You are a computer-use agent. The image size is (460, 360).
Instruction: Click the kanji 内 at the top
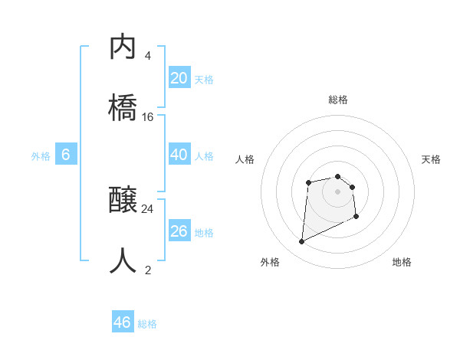pyautogui.click(x=123, y=47)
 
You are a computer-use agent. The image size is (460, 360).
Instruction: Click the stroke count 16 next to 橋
pyautogui.click(x=148, y=117)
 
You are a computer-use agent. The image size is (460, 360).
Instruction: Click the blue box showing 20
pyautogui.click(x=179, y=78)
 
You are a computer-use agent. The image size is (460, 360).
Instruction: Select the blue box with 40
pyautogui.click(x=179, y=155)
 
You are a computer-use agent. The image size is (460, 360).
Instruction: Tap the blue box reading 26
pyautogui.click(x=179, y=231)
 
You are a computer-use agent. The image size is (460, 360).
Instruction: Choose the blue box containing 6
pyautogui.click(x=66, y=155)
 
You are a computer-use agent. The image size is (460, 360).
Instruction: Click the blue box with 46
pyautogui.click(x=123, y=322)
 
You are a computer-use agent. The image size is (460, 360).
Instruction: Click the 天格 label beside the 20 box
pyautogui.click(x=203, y=80)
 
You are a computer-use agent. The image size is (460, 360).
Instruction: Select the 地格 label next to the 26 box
pyautogui.click(x=203, y=233)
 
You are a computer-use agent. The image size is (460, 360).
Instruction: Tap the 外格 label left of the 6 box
pyautogui.click(x=41, y=156)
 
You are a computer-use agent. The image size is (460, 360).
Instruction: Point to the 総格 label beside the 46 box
pyautogui.click(x=147, y=324)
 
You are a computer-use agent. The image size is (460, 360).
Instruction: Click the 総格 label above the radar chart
pyautogui.click(x=338, y=100)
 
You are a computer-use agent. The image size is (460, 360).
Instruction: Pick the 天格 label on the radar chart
pyautogui.click(x=432, y=159)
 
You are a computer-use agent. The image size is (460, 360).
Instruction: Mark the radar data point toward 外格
pyautogui.click(x=301, y=242)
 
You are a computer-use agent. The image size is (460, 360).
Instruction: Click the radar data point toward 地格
pyautogui.click(x=356, y=217)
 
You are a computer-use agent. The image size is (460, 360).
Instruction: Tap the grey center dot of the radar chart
pyautogui.click(x=337, y=191)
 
